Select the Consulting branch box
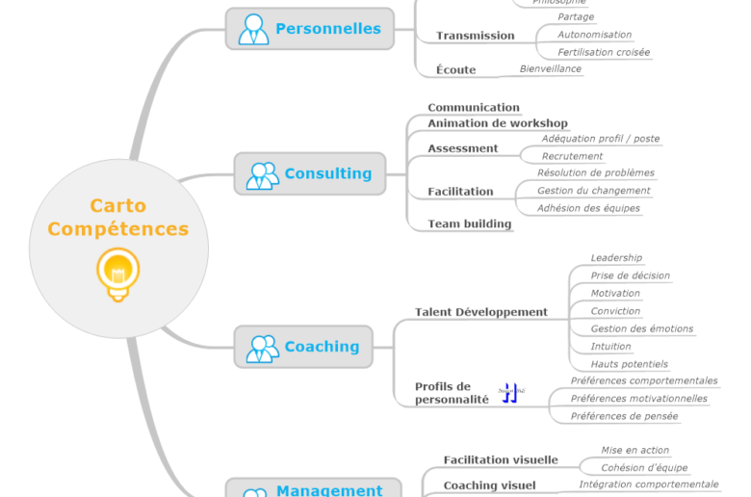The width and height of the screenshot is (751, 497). point(309,174)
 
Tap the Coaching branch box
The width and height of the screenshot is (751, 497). point(303,347)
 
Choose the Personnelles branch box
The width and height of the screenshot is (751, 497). point(309,29)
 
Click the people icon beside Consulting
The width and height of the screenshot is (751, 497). point(262,175)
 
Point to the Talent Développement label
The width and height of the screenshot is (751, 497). point(480,312)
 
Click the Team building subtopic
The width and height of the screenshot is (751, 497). point(469,223)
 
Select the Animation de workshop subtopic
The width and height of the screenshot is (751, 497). point(497,123)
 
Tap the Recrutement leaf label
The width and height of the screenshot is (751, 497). point(572,156)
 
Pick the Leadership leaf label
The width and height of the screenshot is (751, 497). point(616,258)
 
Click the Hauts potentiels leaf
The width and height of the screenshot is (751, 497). point(629,364)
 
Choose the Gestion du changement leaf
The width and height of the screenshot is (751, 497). point(593,191)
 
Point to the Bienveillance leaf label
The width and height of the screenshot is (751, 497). point(550,69)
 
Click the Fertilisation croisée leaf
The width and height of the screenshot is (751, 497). point(604,52)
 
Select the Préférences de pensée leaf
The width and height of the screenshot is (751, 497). point(624,416)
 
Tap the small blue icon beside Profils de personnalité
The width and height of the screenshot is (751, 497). point(510,392)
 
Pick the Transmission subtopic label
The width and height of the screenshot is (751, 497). point(475,36)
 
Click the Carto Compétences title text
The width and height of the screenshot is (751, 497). point(118,218)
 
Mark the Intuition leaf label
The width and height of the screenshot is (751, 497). point(610,347)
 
